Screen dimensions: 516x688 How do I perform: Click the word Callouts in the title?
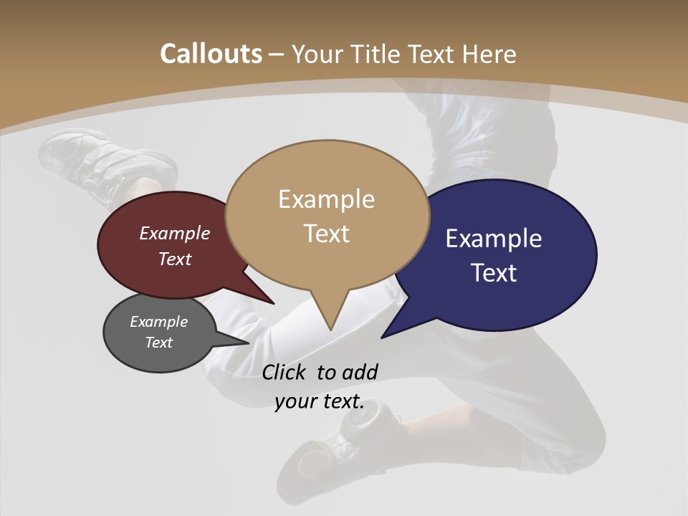tap(211, 54)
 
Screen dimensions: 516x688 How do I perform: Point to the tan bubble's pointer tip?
tap(330, 329)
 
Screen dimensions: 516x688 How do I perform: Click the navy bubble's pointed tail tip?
tap(382, 338)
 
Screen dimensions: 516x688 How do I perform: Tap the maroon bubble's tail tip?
tap(274, 304)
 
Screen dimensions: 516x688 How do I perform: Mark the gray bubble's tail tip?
tap(248, 343)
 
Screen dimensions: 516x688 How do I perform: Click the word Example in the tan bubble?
tap(326, 199)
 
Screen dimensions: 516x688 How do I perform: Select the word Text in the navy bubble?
tap(494, 273)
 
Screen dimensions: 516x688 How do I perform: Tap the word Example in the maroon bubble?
tap(175, 233)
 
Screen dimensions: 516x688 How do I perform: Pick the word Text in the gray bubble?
tap(159, 343)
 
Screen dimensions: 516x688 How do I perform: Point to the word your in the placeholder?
tap(295, 402)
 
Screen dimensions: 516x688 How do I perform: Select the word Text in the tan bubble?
tap(327, 234)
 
